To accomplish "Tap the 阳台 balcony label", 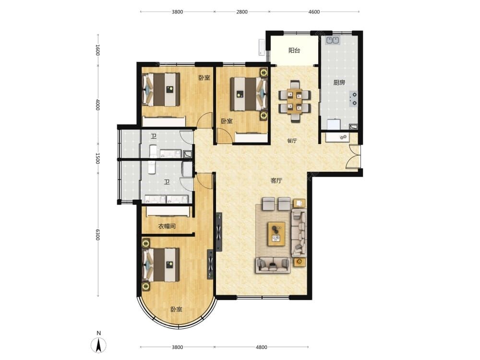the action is [x=294, y=50].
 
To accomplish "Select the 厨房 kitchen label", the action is [x=339, y=83].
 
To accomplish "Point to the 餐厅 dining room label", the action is [x=292, y=141].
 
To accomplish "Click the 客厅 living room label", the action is [x=276, y=180].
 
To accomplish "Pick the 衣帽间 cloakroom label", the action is [x=167, y=227].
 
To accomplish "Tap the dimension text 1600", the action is [x=97, y=50].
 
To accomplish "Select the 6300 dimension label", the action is [x=97, y=235].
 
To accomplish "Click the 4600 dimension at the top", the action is [x=314, y=12].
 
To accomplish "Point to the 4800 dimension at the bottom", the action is [x=262, y=347].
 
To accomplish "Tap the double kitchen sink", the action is [x=332, y=40].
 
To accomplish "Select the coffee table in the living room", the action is [x=276, y=234].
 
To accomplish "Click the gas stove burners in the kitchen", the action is [x=353, y=99].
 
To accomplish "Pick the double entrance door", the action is [x=354, y=156].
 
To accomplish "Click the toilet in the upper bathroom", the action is [x=153, y=152].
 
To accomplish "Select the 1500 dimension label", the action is [x=97, y=158].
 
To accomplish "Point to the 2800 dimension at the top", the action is [x=242, y=12].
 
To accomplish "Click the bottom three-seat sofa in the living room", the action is [x=273, y=265].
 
